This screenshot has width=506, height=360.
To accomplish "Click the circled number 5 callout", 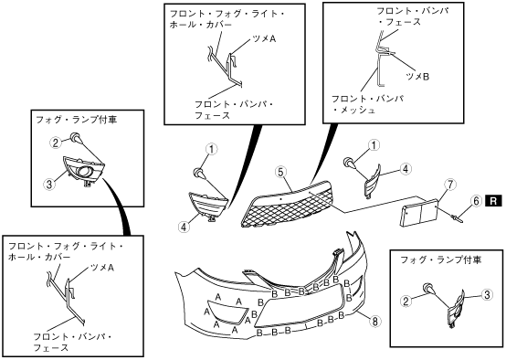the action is pos(281,173).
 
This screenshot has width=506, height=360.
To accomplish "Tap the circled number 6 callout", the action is pos(476,201).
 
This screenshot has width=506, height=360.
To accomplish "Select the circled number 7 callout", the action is pos(450,185).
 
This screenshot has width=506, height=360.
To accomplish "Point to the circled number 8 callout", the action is pos(375,321).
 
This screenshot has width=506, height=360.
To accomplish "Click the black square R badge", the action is pos(493,201).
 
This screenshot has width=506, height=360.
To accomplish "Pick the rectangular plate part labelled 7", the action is pos(419,211).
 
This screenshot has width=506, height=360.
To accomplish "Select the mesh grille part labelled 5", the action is pos(287,205).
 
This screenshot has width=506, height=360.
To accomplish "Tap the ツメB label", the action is pos(417,77).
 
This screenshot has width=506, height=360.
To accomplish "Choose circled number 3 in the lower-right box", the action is pos(487,294).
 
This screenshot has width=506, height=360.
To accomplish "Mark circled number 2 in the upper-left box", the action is pos(56,143).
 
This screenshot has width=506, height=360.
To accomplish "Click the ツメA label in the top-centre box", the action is pos(264,38).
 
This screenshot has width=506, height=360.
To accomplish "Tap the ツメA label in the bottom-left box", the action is pos(102,268).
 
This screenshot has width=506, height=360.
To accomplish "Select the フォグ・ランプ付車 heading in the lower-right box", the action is pos(441,259).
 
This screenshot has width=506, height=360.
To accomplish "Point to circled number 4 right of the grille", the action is pos(406,168).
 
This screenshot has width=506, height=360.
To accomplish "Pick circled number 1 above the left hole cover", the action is pos(212,149).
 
